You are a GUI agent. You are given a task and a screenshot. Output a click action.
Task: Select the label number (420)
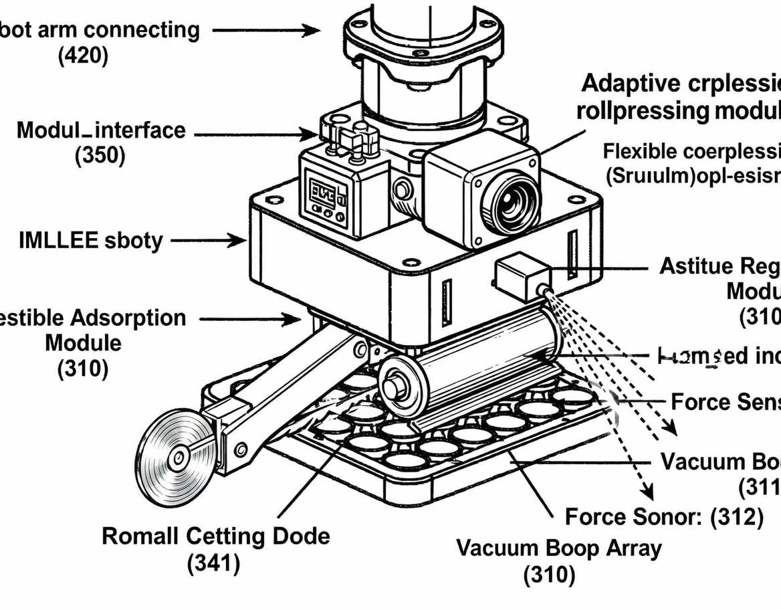coord(83,56)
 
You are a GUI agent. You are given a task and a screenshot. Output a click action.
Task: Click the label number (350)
coord(100,156)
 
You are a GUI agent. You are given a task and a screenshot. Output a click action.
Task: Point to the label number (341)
coord(213,563)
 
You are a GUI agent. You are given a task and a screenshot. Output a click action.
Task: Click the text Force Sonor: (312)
coord(664,516)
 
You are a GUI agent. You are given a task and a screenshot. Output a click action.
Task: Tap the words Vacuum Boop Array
coord(559,548)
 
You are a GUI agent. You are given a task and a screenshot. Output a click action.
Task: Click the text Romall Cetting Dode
coord(216,536)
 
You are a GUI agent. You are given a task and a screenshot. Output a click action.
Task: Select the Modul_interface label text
coord(101,130)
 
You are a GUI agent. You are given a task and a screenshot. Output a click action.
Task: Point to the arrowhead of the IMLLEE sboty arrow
coord(240,239)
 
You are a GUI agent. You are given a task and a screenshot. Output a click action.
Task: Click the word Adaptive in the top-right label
coord(631,84)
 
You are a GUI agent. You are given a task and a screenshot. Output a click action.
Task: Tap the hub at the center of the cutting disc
coord(177,458)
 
